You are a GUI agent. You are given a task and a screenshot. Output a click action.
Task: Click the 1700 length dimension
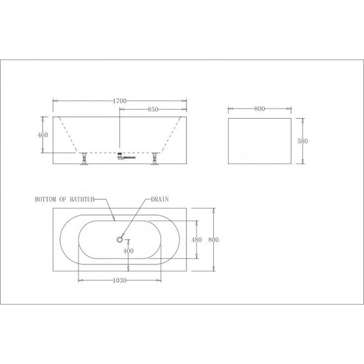point(119,101)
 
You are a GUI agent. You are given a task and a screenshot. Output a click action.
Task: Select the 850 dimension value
point(153,109)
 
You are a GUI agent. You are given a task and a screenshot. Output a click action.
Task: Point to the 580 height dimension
point(304,142)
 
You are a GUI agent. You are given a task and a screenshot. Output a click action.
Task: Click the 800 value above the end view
point(259,109)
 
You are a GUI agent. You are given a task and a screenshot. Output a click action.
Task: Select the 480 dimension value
point(197,240)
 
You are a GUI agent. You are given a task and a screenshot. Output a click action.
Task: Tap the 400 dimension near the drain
point(128,250)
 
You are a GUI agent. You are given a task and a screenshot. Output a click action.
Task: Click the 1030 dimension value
point(119,280)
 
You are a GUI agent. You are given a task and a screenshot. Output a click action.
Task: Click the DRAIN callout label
point(159,199)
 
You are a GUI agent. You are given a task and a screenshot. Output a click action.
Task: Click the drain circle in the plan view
point(119,240)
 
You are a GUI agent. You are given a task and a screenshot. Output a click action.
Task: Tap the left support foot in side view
point(83,161)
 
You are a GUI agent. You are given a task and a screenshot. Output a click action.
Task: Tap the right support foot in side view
point(155,161)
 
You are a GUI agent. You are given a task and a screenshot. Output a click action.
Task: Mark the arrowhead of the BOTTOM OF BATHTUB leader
point(114,219)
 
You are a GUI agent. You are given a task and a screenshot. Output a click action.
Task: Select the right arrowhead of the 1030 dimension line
point(160,280)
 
